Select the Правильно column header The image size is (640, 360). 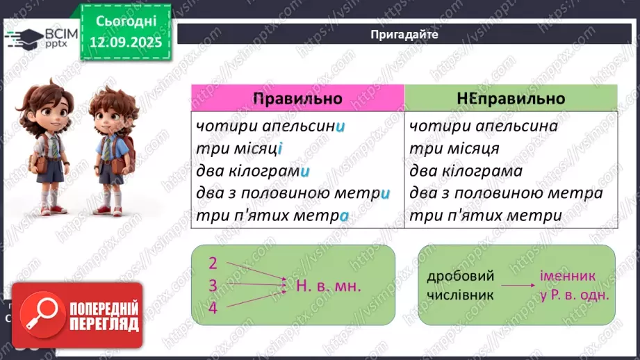[297, 98]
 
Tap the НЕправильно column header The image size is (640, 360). [511, 98]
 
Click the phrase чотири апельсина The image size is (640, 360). [484, 127]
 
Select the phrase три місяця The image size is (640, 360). [454, 149]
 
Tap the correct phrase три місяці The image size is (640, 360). [240, 149]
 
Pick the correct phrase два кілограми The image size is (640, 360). [252, 171]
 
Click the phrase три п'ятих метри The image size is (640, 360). [485, 215]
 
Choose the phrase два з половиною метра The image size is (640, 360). [506, 193]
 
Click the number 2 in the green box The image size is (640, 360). [213, 263]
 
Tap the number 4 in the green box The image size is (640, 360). [213, 308]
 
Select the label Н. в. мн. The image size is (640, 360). [329, 286]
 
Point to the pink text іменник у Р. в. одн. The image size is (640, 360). [573, 285]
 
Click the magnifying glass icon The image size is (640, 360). [40, 317]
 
